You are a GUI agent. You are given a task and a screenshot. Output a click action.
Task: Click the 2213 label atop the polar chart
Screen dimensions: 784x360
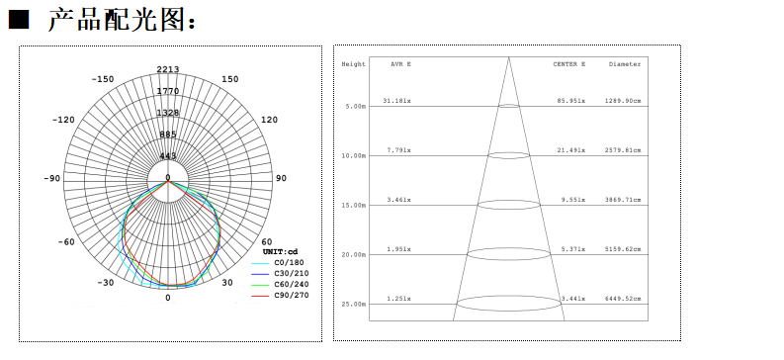click(x=168, y=69)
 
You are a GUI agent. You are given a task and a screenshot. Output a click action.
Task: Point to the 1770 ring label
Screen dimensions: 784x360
click(x=168, y=91)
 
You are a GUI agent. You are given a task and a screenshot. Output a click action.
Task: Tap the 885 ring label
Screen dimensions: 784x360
click(x=168, y=134)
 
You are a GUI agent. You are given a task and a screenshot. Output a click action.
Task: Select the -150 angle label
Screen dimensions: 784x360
click(x=103, y=79)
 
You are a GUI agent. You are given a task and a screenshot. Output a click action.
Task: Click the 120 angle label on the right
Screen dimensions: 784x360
click(x=270, y=120)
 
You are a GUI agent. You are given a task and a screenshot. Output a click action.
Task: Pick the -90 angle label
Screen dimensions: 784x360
click(x=52, y=178)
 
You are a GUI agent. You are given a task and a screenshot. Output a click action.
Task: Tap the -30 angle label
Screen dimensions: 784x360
click(x=106, y=283)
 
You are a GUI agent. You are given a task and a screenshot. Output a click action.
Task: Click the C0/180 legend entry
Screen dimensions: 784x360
click(x=289, y=262)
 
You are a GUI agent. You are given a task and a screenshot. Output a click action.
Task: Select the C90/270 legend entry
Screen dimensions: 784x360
click(x=292, y=295)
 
